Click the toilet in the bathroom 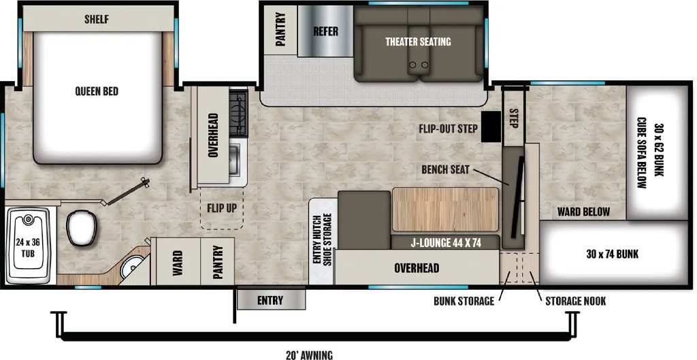82,227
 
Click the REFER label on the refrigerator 325,31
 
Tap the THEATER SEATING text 418,42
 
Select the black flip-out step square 491,126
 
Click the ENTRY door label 270,300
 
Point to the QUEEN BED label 97,91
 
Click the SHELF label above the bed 97,19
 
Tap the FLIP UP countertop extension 222,208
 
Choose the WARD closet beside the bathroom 176,262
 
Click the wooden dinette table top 445,210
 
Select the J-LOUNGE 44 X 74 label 445,243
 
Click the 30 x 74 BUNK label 612,254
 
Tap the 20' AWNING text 310,355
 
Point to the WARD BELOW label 583,212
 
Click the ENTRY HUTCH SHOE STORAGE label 321,240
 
